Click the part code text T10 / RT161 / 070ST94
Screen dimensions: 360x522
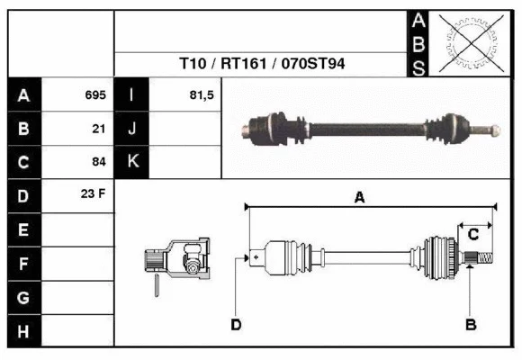(263, 65)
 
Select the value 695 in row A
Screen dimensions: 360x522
(94, 94)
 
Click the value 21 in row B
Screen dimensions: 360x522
(99, 129)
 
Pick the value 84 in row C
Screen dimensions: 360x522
(99, 163)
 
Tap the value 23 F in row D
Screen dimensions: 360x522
(94, 193)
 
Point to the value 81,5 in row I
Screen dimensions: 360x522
(202, 94)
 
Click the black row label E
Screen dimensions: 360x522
(23, 230)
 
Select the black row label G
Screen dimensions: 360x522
(23, 298)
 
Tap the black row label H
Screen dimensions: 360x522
(23, 332)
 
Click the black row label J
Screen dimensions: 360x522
(132, 129)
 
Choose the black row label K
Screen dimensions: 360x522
(132, 162)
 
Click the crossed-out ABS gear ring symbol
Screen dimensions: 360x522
(469, 42)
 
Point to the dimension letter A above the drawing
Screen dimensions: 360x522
(359, 198)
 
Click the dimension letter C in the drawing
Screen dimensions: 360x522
(472, 235)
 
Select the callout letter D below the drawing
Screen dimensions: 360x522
(236, 325)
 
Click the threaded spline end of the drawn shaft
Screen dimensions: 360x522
(482, 259)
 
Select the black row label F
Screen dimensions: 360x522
(23, 265)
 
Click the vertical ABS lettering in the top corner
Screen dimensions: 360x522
(418, 43)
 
